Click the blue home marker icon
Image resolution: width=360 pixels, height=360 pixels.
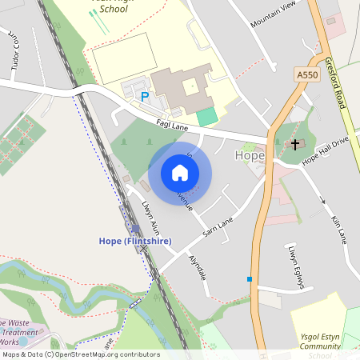click(180, 173)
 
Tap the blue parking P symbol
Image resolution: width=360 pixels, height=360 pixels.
click(145, 97)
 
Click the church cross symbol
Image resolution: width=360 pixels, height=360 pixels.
click(295, 145)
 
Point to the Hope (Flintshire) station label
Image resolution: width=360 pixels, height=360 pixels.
click(135, 241)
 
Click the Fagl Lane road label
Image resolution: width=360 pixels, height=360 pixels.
click(172, 122)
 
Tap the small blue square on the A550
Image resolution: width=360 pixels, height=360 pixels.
click(250, 279)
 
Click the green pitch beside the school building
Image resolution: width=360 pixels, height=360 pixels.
click(206, 116)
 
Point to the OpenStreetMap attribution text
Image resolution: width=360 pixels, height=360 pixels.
click(81, 354)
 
